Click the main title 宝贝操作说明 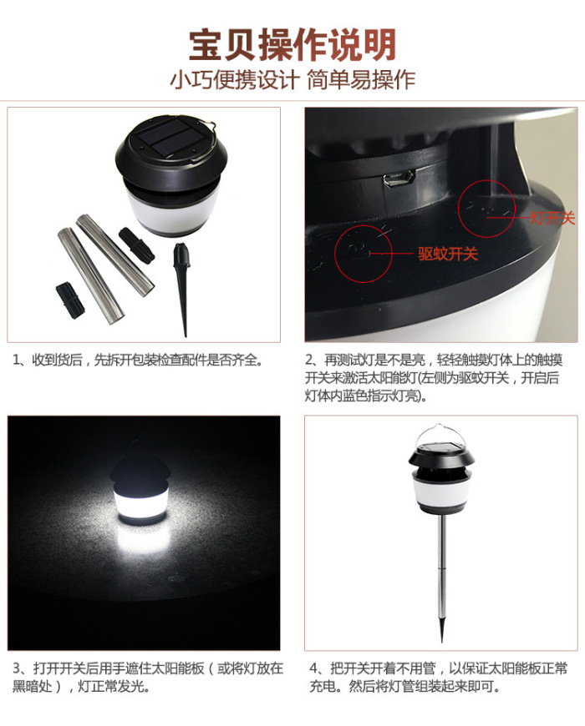(x=292, y=45)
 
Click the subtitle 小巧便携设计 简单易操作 (x=292, y=79)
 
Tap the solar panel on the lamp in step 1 (x=171, y=137)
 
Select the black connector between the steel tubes (x=136, y=244)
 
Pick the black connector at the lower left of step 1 (x=70, y=300)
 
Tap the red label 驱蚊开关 (x=447, y=254)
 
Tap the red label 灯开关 (x=552, y=218)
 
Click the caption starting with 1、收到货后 (x=138, y=360)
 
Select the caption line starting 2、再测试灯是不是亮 (x=434, y=360)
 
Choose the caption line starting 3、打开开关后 (x=148, y=668)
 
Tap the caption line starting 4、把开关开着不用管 (x=439, y=668)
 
